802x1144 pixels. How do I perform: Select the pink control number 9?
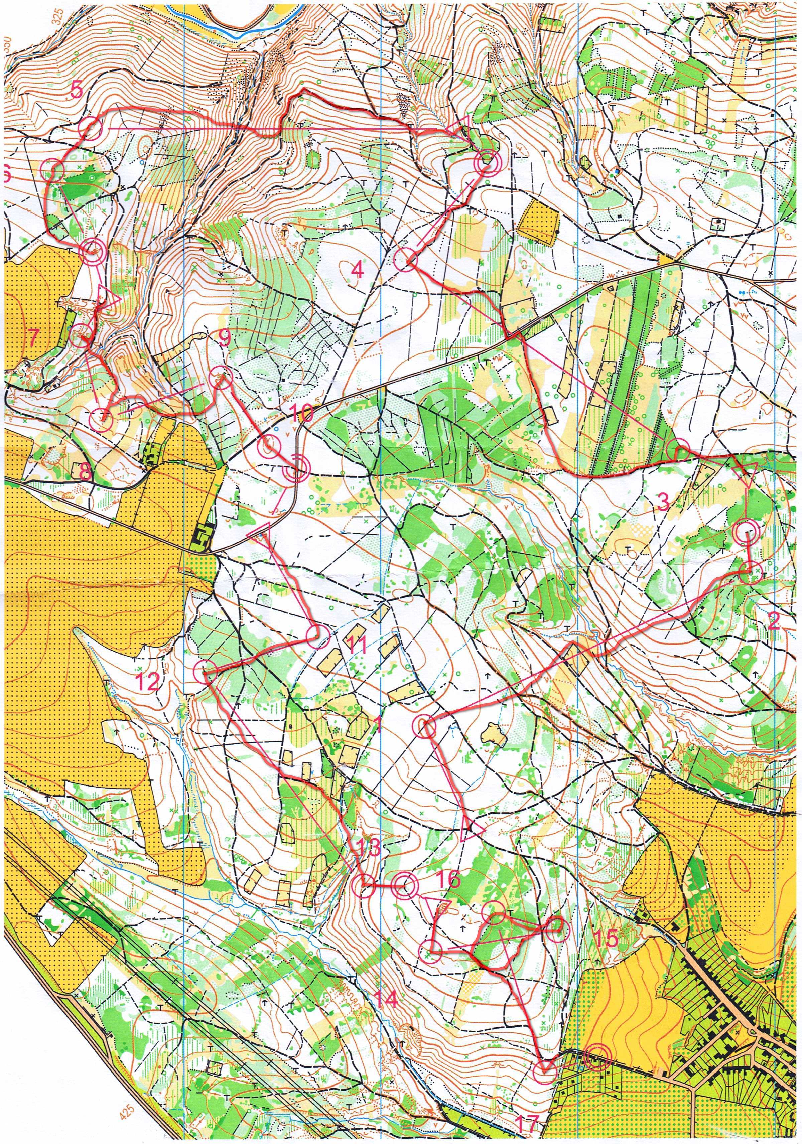point(224,340)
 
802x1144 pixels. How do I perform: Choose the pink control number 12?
point(148,681)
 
